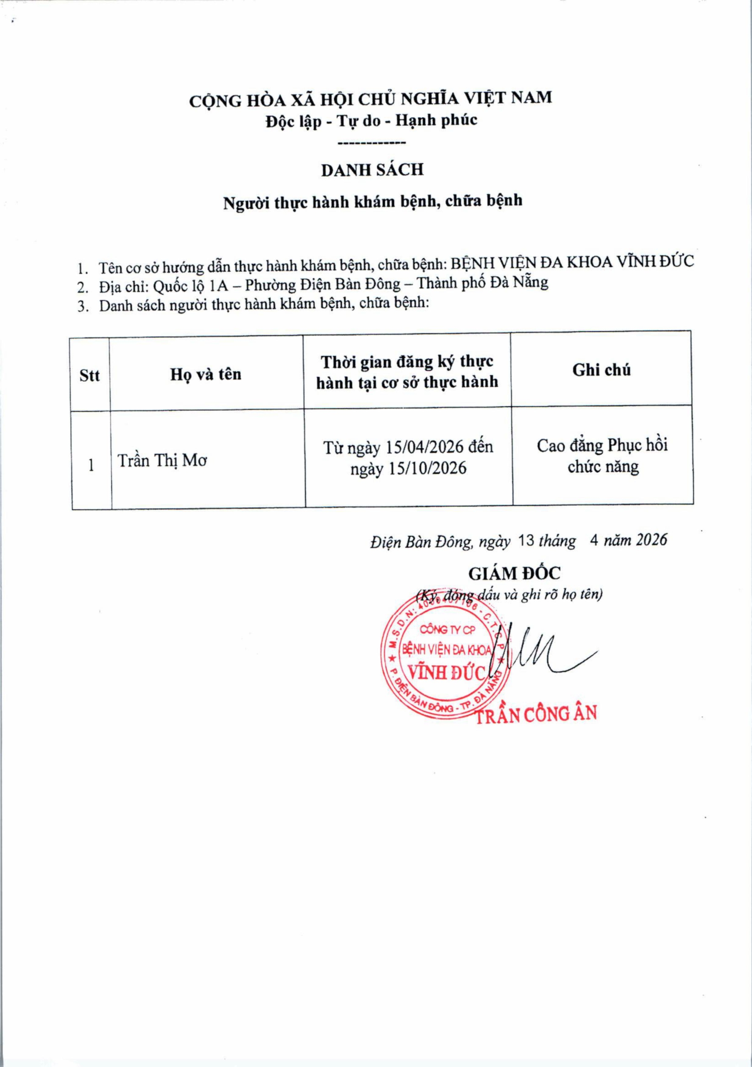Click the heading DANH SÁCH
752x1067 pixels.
tap(372, 170)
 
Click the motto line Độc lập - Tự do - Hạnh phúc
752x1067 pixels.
tap(371, 120)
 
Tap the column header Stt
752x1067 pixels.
tap(90, 375)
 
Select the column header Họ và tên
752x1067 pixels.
tap(206, 374)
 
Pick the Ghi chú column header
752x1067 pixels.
tap(602, 370)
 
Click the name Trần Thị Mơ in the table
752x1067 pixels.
tap(162, 461)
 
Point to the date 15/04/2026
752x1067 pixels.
tap(424, 447)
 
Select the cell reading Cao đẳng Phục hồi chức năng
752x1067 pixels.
tap(602, 456)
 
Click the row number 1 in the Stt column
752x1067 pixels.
tap(91, 465)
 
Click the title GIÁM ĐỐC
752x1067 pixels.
tap(514, 574)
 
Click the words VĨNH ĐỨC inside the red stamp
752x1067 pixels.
tap(445, 672)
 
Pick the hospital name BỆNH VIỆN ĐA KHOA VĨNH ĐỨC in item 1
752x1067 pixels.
tap(573, 262)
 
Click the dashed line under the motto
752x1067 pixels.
tap(371, 143)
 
